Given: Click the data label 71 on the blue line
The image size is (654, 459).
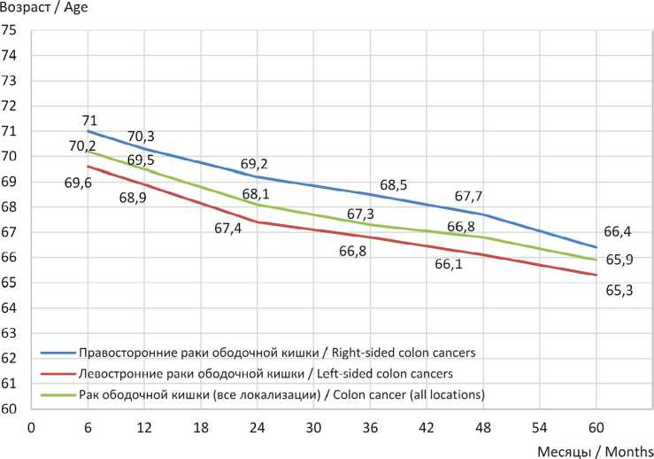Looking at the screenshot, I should pyautogui.click(x=89, y=121).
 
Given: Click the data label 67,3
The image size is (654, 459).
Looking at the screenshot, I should pyautogui.click(x=361, y=214).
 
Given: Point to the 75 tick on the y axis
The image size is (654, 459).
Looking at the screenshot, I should pyautogui.click(x=10, y=30).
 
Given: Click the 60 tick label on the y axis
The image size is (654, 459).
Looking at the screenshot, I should pyautogui.click(x=10, y=409).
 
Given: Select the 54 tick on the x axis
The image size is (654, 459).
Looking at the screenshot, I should pyautogui.click(x=539, y=425).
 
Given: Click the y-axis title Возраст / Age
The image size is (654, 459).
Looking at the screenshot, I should pyautogui.click(x=45, y=7).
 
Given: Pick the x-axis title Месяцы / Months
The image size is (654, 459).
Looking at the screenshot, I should pyautogui.click(x=595, y=450).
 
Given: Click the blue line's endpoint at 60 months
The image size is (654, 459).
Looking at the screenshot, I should pyautogui.click(x=596, y=247).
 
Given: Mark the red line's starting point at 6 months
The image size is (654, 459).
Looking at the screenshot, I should pyautogui.click(x=87, y=167).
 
